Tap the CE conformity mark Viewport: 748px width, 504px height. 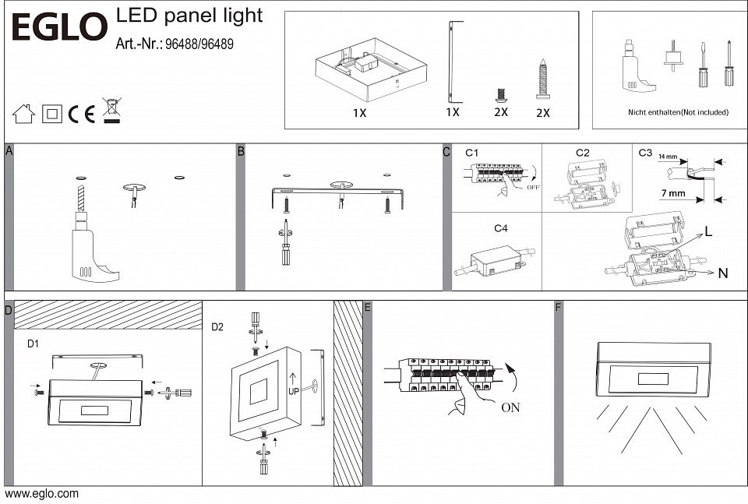pos(82,115)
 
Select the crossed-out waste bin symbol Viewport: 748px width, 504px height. pos(111,111)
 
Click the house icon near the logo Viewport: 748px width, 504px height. pos(23,115)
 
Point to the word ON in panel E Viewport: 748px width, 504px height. pos(511,407)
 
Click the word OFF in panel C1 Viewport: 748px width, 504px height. pos(534,187)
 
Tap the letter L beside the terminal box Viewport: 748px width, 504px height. pos(709,231)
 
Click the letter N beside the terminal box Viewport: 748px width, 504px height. pos(722,273)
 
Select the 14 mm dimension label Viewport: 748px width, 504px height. pos(668,157)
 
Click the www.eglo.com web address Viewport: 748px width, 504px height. pos(42,494)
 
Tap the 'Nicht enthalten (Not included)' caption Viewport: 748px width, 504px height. pos(678,112)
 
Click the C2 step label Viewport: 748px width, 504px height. pos(583,153)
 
